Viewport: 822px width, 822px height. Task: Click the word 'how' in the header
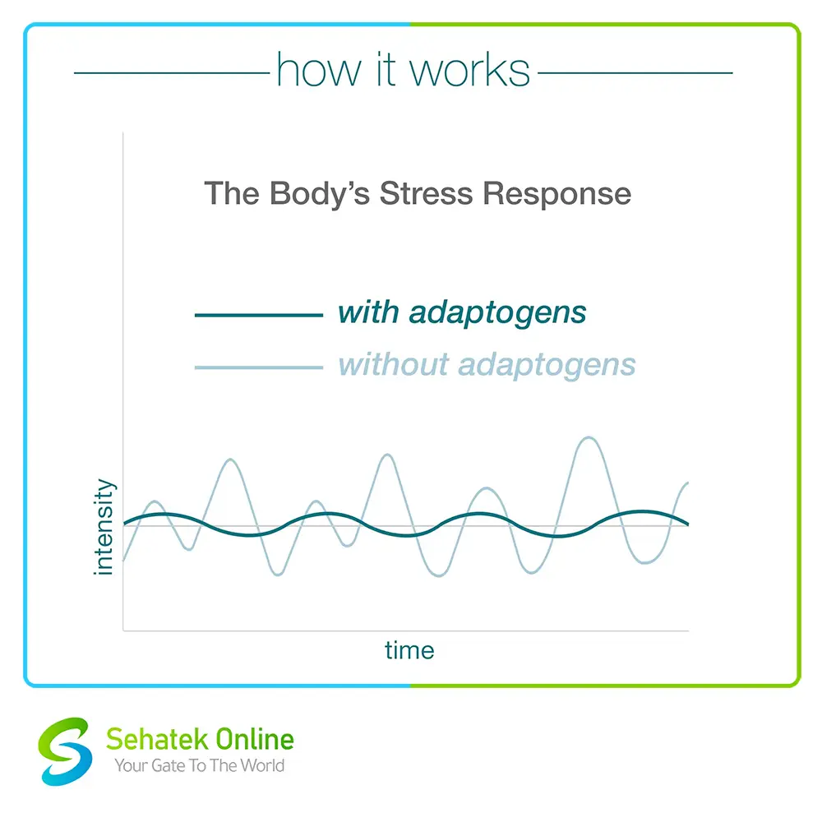pos(319,69)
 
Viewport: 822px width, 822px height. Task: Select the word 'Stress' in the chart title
pos(426,193)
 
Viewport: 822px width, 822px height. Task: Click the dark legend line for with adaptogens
pos(258,315)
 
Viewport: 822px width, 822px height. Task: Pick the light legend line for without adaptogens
pos(258,367)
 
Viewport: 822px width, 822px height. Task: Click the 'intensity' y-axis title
pos(104,527)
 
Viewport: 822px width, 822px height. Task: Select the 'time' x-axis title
pos(409,650)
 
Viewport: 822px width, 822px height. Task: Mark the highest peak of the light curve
pos(589,437)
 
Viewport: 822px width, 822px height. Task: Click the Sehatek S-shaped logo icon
pos(64,751)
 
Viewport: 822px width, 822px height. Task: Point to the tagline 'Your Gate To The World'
pos(199,765)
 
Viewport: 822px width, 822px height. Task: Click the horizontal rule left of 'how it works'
pos(172,73)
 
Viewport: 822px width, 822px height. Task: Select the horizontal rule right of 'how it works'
pos(635,73)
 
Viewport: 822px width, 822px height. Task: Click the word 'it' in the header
pos(386,69)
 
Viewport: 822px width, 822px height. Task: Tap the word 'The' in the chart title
pos(232,193)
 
